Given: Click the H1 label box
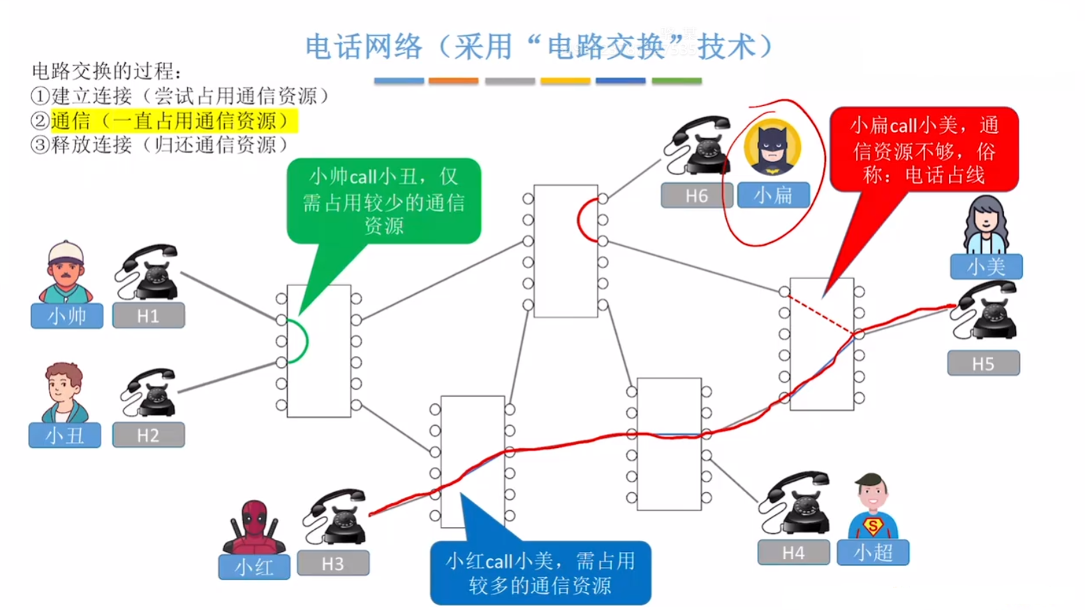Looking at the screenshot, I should [148, 315].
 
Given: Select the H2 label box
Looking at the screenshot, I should [148, 435].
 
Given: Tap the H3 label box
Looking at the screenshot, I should [333, 563].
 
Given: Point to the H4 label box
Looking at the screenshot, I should [793, 553].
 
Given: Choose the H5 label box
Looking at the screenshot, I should [983, 363].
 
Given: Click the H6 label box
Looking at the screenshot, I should [696, 195].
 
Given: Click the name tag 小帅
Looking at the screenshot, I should [67, 315].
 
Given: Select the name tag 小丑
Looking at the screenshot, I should [65, 436].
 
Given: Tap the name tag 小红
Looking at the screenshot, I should [254, 567].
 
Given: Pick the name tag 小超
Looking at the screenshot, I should [873, 553].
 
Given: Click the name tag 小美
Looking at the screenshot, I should [986, 266].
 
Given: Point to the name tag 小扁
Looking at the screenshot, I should [774, 195].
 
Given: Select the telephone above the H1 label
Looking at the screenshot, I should [148, 272].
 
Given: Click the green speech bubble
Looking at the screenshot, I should [383, 200].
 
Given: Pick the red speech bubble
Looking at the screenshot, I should [924, 149].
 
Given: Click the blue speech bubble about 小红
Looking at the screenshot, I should [540, 572].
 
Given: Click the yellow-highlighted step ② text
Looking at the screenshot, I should [171, 121].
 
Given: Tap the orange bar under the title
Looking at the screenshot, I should [453, 81].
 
